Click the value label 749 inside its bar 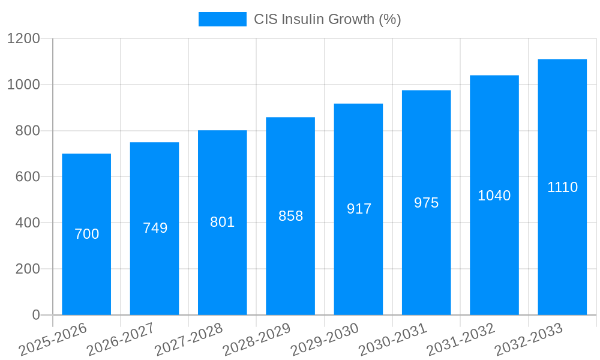(155, 228)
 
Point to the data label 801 (222, 222)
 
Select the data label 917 (359, 209)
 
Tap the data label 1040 (494, 196)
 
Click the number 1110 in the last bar (562, 187)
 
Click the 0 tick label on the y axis (35, 315)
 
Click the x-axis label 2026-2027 (121, 340)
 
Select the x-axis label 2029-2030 (325, 340)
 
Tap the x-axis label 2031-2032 (460, 340)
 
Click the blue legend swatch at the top (222, 19)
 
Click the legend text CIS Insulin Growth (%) (327, 19)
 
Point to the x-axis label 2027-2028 (188, 340)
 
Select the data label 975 (426, 203)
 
